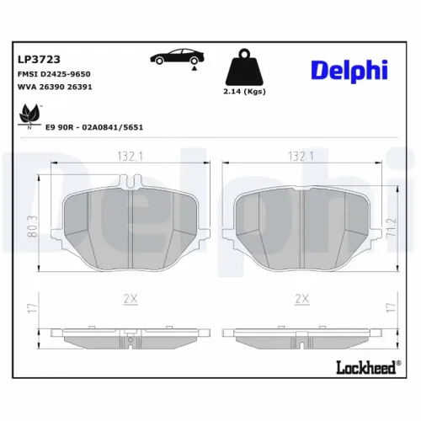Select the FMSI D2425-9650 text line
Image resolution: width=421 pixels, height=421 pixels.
pos(54,74)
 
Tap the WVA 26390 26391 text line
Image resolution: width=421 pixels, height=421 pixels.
pos(54,88)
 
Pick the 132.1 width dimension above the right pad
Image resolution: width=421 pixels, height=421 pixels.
pos(301,157)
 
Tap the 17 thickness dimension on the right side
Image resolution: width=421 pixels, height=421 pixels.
pos(389,308)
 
